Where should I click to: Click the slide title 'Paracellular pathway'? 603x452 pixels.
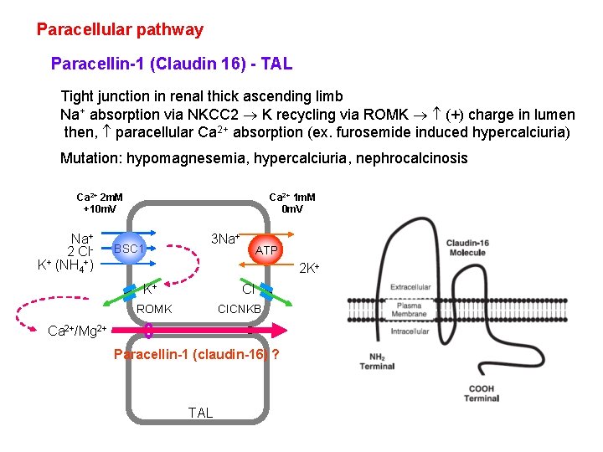pyautogui.click(x=120, y=30)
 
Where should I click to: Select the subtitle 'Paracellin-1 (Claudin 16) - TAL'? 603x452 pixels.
pyautogui.click(x=171, y=64)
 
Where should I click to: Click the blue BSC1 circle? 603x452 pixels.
pyautogui.click(x=130, y=249)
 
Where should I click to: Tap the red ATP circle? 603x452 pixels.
pyautogui.click(x=266, y=250)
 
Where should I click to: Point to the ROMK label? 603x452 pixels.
pyautogui.click(x=155, y=309)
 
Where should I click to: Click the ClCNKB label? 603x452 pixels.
pyautogui.click(x=240, y=309)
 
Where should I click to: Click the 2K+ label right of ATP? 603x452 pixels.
pyautogui.click(x=312, y=269)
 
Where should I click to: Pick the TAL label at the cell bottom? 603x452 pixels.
pyautogui.click(x=201, y=413)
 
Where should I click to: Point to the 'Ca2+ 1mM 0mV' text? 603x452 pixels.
pyautogui.click(x=291, y=203)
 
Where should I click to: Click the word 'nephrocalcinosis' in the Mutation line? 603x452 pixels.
pyautogui.click(x=414, y=158)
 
